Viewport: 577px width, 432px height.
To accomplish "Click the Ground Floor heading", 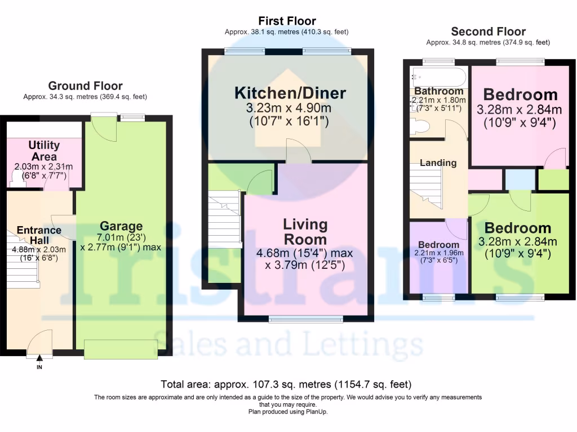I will (85, 86).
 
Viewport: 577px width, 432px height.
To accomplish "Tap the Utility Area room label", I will (44, 151).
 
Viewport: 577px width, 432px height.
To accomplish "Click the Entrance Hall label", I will (39, 235).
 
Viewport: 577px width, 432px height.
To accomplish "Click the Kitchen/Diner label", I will (290, 93).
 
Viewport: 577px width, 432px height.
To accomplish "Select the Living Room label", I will (305, 231).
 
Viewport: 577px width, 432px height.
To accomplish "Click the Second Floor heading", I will (488, 31).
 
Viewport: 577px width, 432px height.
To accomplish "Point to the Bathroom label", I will (438, 91).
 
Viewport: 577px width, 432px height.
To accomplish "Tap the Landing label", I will (438, 163).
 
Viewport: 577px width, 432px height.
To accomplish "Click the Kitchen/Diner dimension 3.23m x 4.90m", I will (290, 108).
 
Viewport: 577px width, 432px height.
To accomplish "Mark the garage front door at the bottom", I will (121, 349).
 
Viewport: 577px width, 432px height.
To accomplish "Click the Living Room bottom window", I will (306, 319).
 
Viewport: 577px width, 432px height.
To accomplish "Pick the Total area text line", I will (286, 385).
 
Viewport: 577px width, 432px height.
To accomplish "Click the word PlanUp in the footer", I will (316, 412).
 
